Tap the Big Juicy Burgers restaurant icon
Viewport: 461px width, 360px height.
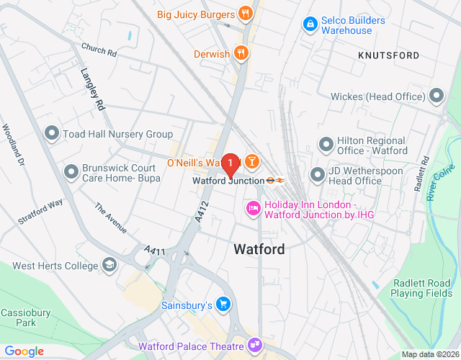(x=246, y=14)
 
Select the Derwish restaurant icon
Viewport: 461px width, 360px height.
(x=242, y=53)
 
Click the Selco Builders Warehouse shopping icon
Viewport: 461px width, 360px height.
(x=309, y=24)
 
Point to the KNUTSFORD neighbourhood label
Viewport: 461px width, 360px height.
(x=388, y=55)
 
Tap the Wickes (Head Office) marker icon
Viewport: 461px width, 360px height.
(x=436, y=96)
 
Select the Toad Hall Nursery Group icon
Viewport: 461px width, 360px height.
(x=51, y=134)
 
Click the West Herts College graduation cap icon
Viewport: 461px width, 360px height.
(x=109, y=265)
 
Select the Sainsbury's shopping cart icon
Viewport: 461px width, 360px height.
(x=224, y=305)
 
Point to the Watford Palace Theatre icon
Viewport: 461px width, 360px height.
(x=255, y=345)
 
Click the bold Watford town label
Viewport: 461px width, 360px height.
(x=259, y=249)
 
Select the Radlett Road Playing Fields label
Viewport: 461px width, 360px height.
(x=421, y=288)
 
